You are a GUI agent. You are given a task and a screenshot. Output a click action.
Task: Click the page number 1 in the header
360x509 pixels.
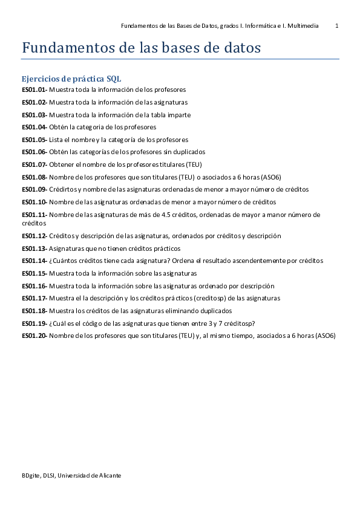coord(337,26)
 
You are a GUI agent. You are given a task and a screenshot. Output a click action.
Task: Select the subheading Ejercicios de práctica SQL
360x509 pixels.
coord(72,79)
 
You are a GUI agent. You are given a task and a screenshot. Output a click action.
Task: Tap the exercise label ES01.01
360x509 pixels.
coord(34,89)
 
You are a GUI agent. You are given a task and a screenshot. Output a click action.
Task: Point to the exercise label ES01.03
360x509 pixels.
coord(34,115)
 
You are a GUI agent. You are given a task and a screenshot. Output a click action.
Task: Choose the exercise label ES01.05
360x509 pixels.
coord(34,140)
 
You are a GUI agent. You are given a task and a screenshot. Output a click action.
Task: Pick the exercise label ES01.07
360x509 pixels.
coord(34,164)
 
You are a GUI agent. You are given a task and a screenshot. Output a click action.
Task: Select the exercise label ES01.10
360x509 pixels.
coord(34,202)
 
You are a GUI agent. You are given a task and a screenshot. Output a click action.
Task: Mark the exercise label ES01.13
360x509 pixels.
coord(34,248)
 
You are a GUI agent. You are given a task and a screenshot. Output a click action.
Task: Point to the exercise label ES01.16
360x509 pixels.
coord(34,286)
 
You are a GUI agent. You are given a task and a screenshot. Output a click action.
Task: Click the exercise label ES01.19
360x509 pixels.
coord(34,323)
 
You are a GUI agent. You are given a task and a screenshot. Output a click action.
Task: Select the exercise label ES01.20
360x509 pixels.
coord(34,336)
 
